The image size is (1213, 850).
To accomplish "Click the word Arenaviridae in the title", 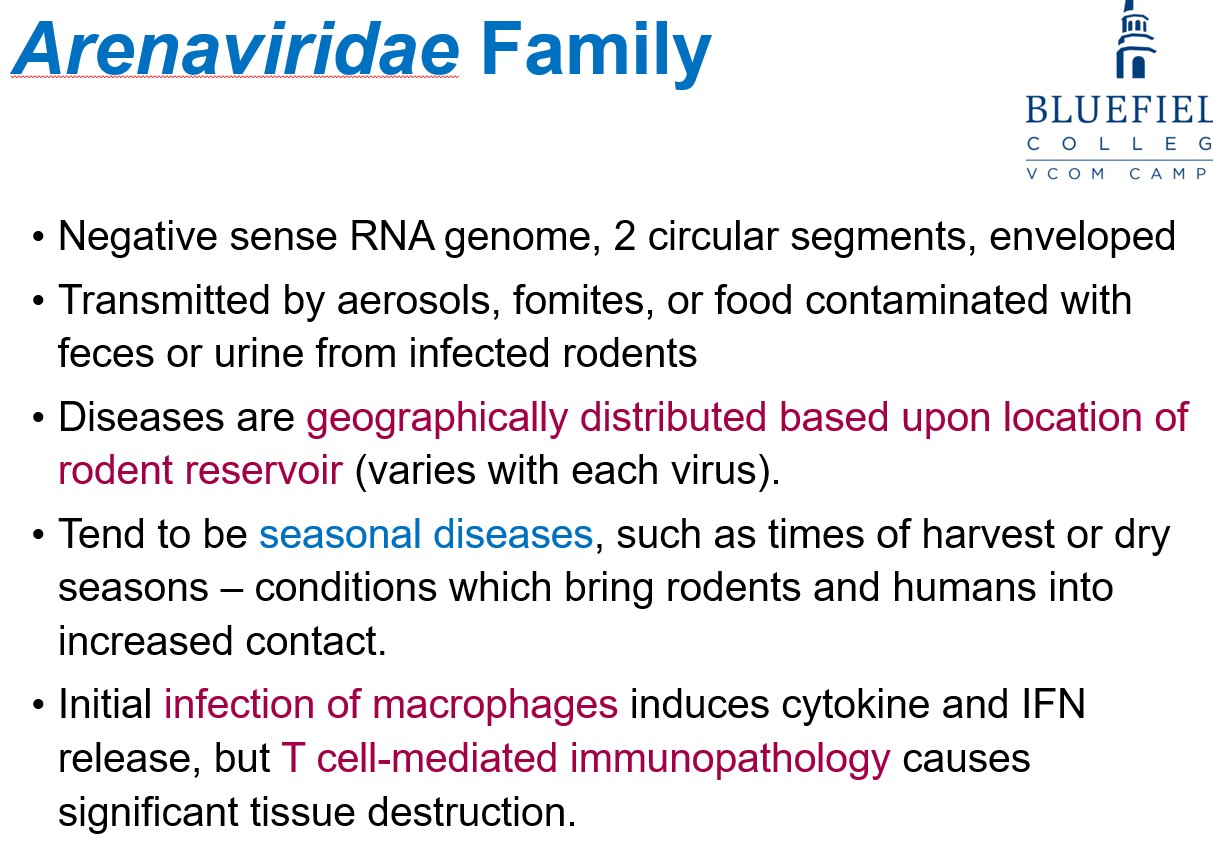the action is [x=236, y=49].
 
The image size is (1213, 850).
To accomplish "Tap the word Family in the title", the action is [x=596, y=53].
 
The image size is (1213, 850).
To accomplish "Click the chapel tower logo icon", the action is [x=1135, y=39].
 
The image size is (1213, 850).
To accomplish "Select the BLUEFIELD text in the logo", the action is [x=1119, y=110].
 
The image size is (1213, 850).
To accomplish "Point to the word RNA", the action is [x=392, y=237].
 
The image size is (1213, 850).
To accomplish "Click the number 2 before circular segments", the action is [x=624, y=237].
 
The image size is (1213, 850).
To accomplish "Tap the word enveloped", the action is [x=1082, y=238].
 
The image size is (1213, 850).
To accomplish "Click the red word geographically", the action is [x=437, y=419].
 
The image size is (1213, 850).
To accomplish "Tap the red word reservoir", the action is [x=264, y=471].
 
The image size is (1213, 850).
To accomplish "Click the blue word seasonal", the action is [x=340, y=535].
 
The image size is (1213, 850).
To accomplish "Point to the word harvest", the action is [x=988, y=535].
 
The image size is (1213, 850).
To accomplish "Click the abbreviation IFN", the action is [x=1054, y=704].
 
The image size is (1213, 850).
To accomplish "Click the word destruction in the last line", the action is [x=472, y=813].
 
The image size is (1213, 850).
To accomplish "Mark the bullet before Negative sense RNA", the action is [x=38, y=237].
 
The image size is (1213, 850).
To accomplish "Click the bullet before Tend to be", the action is [x=38, y=535].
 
